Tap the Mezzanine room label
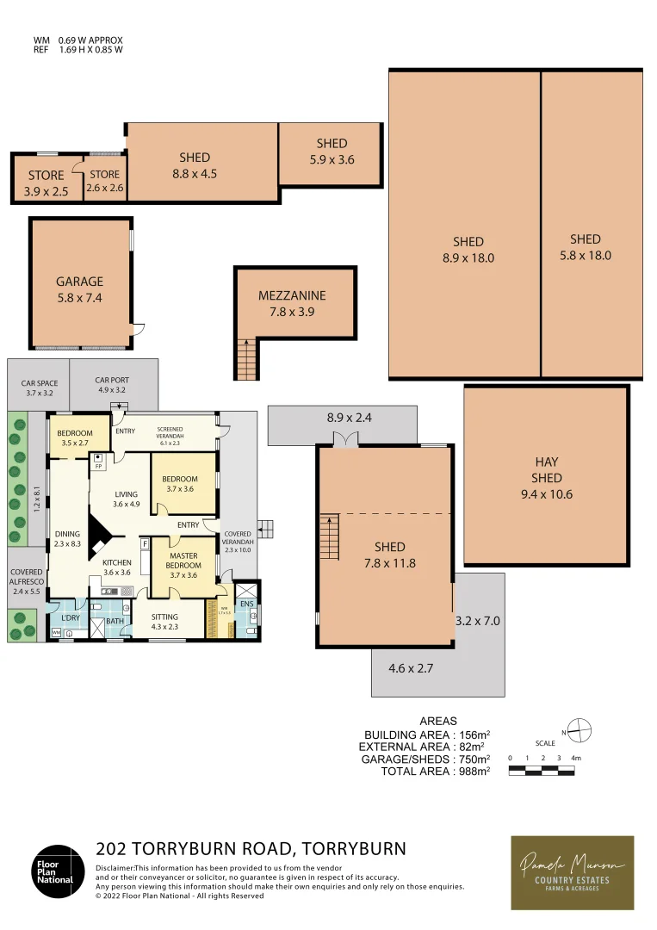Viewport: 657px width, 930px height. pos(292,304)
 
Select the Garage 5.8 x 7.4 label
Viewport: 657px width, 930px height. pos(79,289)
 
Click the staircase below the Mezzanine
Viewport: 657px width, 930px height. pos(246,359)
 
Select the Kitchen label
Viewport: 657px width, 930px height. pos(116,567)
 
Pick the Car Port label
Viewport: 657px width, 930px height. pos(110,384)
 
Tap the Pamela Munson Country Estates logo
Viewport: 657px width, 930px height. pos(572,872)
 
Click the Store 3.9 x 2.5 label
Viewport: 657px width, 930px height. pos(46,182)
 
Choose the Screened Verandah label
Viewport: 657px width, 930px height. pos(169,436)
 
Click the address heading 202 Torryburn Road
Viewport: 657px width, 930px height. pos(251,849)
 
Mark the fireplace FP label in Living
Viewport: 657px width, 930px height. pos(99,465)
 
